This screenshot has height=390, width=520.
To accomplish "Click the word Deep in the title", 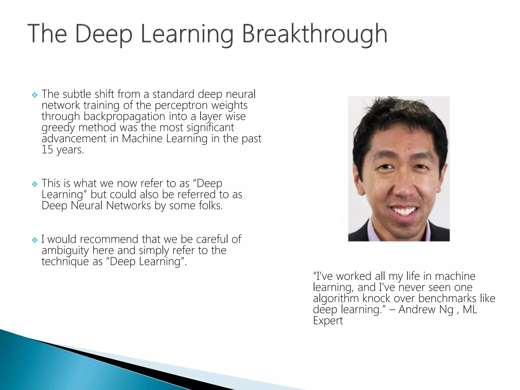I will (104, 34).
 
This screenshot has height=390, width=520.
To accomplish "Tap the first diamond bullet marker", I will (35, 95).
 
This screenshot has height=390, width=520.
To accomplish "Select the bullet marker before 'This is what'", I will (35, 184).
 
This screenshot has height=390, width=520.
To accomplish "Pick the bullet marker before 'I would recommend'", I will (35, 240).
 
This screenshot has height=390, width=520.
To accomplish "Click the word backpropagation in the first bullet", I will (124, 117).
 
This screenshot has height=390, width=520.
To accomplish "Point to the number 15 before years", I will (47, 150).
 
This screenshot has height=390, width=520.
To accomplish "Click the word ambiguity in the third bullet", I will (65, 251).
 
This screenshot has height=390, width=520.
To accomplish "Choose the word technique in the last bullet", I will (65, 262).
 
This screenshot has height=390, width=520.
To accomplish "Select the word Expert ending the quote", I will (328, 321).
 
